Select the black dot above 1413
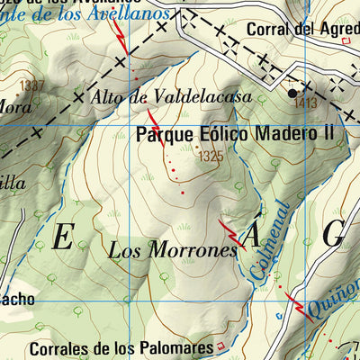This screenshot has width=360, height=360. (x=292, y=92)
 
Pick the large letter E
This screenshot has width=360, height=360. (x=63, y=238)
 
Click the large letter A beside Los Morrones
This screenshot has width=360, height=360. (x=253, y=236)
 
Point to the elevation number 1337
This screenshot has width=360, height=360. (x=31, y=85)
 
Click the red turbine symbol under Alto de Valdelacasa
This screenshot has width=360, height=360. (x=152, y=118)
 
